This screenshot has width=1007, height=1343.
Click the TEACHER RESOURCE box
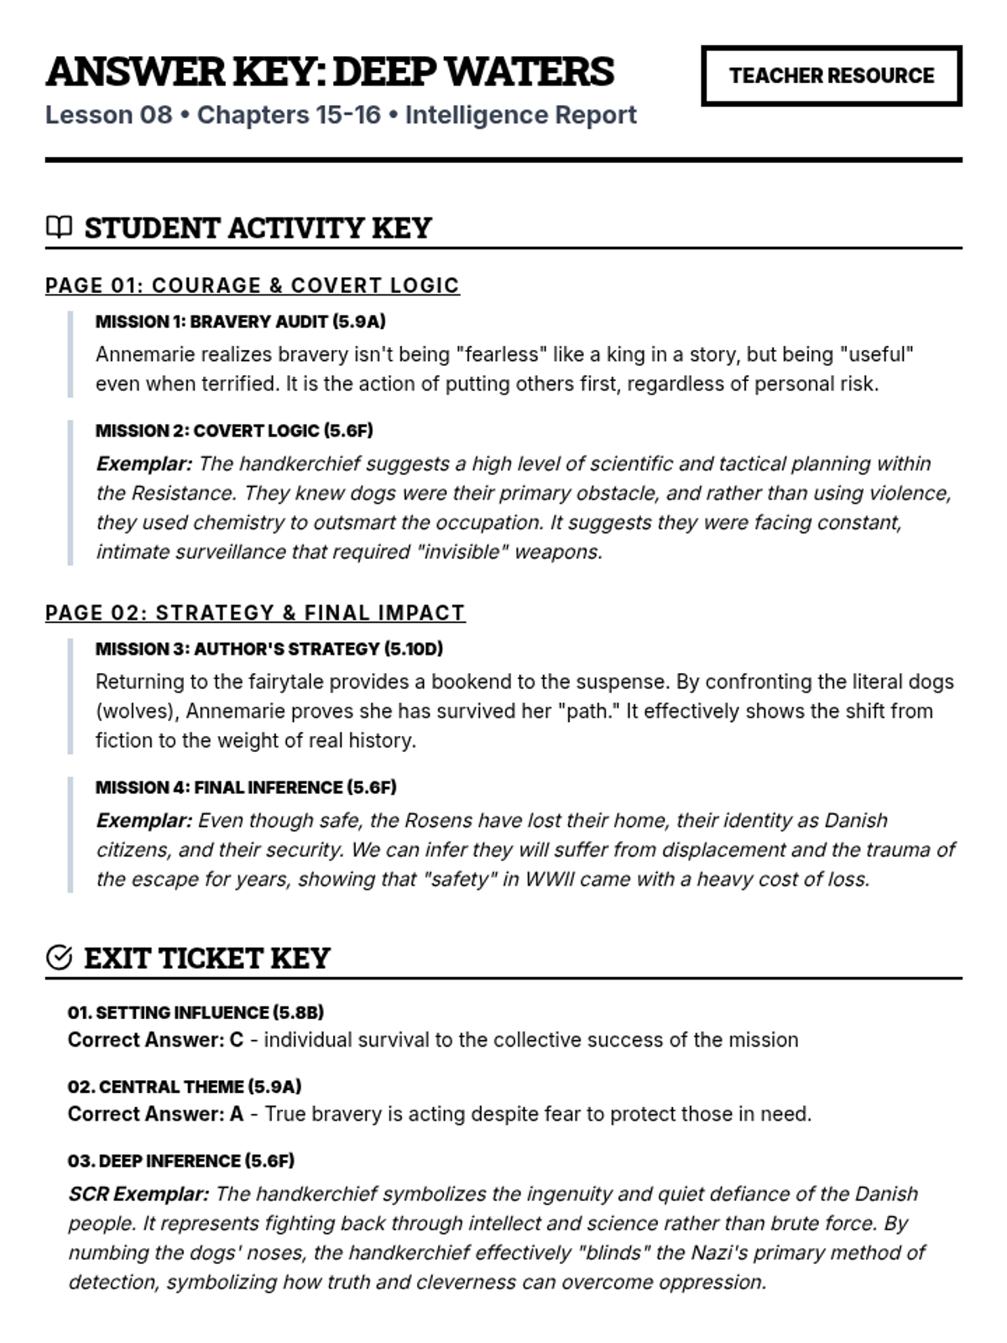[831, 76]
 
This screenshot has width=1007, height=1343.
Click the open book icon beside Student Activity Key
[59, 227]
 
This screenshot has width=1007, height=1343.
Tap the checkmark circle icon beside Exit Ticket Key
[59, 957]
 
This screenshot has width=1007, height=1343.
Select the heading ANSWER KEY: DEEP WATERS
[330, 71]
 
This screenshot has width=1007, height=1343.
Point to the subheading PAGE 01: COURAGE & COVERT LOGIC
[252, 285]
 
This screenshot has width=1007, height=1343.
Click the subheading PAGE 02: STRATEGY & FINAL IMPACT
[255, 613]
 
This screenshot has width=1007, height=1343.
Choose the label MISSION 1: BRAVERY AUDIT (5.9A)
[240, 321]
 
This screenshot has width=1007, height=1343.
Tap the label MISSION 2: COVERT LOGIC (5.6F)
[234, 431]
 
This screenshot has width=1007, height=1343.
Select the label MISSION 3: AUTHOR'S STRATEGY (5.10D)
[269, 649]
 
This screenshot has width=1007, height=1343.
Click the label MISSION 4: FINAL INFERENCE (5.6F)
[246, 787]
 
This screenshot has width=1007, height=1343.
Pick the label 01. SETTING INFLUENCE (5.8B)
[196, 1012]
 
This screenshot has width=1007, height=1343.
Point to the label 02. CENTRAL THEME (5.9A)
[185, 1086]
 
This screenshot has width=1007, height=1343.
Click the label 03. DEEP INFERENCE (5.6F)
[181, 1161]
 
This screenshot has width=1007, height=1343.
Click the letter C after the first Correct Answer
[237, 1040]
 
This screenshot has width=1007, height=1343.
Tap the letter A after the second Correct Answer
[237, 1114]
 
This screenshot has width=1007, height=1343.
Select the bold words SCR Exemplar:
[138, 1194]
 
